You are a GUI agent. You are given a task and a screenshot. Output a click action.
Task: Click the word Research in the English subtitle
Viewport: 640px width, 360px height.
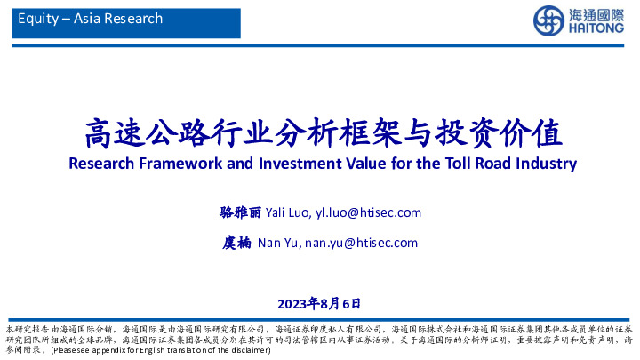click(100, 164)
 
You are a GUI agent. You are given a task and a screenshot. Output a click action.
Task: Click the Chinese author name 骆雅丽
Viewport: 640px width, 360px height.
click(240, 212)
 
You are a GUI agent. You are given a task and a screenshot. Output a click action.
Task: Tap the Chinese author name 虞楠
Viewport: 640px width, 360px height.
click(237, 243)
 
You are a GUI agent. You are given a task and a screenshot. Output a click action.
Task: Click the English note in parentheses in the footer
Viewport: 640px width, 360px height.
click(160, 351)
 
